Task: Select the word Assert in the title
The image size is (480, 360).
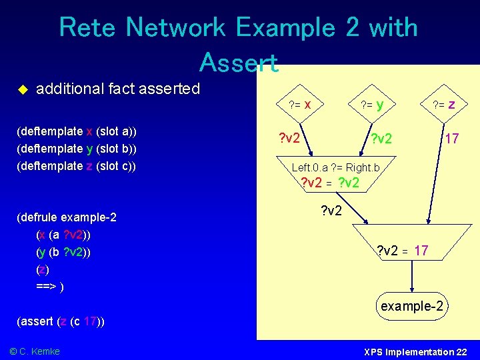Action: click(x=238, y=62)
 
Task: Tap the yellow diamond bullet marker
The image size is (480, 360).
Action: click(x=21, y=89)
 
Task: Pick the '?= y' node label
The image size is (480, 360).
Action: click(x=371, y=104)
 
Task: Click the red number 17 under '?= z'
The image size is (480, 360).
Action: click(x=451, y=139)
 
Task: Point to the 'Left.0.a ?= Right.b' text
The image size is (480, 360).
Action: click(x=335, y=167)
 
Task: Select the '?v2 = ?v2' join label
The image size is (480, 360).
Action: click(x=330, y=183)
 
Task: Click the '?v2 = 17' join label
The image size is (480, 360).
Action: click(x=402, y=251)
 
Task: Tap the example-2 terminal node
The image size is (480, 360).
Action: click(x=411, y=306)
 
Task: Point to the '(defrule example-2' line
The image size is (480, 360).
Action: click(x=67, y=217)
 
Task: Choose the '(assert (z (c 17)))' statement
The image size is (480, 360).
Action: click(x=60, y=321)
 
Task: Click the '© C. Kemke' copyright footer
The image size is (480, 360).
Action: click(x=34, y=351)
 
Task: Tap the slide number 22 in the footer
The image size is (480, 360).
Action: click(x=462, y=351)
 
